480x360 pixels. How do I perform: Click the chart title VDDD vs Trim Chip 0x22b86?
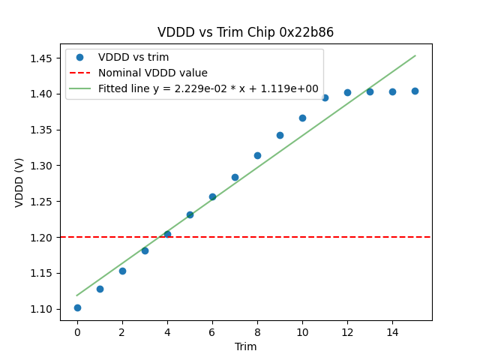point(245,32)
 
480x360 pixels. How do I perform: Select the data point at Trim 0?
point(77,307)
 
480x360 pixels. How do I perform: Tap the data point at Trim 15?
point(415,91)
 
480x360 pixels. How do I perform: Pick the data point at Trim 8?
point(257,155)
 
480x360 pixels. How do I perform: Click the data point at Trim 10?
point(302,118)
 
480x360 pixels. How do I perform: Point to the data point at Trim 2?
point(122,271)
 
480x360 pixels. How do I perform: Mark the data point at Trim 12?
point(347,92)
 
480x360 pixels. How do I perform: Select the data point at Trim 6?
point(212,196)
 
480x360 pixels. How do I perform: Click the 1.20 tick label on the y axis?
point(41,238)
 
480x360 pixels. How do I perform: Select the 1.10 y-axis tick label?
point(41,309)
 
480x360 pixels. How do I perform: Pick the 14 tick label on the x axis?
point(392,332)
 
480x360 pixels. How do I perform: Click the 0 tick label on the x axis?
point(77,332)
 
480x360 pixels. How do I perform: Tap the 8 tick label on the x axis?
point(257,332)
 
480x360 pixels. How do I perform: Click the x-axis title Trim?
point(245,346)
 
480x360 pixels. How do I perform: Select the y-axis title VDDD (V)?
point(19,182)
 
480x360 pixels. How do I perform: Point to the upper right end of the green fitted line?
point(415,55)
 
